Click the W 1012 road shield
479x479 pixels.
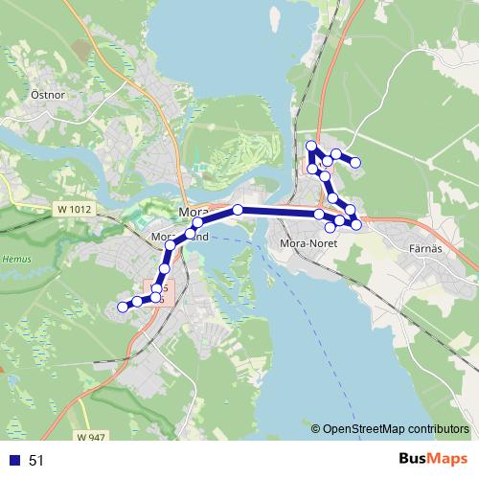click(x=73, y=208)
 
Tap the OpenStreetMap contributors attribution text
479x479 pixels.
click(x=396, y=428)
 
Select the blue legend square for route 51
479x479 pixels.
click(x=13, y=461)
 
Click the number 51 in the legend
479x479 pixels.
click(x=37, y=461)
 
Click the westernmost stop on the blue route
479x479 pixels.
click(x=122, y=307)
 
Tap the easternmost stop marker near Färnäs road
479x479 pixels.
click(x=356, y=224)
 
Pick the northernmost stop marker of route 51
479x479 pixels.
click(x=310, y=146)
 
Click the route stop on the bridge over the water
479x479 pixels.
click(x=238, y=209)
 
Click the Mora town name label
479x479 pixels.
click(x=192, y=212)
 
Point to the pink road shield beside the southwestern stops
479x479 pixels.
click(x=161, y=292)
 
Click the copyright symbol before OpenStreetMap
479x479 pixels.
click(x=316, y=428)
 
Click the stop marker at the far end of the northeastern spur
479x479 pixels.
click(x=355, y=162)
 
